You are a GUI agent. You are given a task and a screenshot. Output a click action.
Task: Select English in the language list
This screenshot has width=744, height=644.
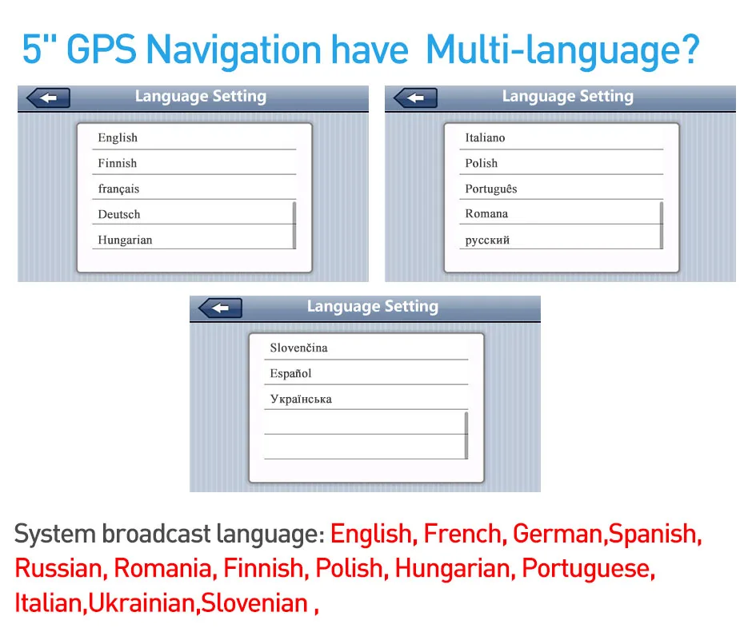pyautogui.click(x=118, y=138)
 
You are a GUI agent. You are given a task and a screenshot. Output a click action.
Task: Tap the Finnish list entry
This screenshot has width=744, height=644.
pyautogui.click(x=117, y=163)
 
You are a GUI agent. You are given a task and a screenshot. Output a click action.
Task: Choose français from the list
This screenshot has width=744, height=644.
pyautogui.click(x=118, y=189)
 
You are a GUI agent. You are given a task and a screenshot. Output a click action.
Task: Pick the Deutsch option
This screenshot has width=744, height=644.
pyautogui.click(x=119, y=214)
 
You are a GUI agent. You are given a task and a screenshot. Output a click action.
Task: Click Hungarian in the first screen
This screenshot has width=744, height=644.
pyautogui.click(x=125, y=240)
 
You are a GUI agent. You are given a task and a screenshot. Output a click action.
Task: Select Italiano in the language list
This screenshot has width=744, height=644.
pyautogui.click(x=485, y=138)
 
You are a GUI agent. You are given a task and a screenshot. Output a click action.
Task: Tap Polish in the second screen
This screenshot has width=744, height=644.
pyautogui.click(x=481, y=163)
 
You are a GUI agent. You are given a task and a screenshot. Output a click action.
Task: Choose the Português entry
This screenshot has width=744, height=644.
pyautogui.click(x=491, y=189)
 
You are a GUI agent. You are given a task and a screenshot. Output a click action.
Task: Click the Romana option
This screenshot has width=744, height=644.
pyautogui.click(x=486, y=213)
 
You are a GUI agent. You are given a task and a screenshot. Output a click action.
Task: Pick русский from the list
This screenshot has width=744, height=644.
pyautogui.click(x=487, y=241)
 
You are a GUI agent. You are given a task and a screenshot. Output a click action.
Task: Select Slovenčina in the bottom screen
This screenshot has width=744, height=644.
pyautogui.click(x=298, y=348)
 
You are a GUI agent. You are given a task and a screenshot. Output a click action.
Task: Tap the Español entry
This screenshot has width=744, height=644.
pyautogui.click(x=290, y=373)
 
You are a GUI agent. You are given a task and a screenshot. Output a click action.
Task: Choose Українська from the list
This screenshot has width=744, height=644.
pyautogui.click(x=301, y=399)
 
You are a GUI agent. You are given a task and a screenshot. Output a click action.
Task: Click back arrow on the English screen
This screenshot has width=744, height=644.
pyautogui.click(x=48, y=98)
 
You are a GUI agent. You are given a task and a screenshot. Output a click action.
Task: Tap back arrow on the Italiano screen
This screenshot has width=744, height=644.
pyautogui.click(x=416, y=98)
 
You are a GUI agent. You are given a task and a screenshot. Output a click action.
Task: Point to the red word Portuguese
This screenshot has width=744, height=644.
pyautogui.click(x=588, y=568)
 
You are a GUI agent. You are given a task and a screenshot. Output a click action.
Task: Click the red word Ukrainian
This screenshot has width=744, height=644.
pyautogui.click(x=142, y=602)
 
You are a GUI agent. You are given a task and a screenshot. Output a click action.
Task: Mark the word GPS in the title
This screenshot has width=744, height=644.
pyautogui.click(x=102, y=50)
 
